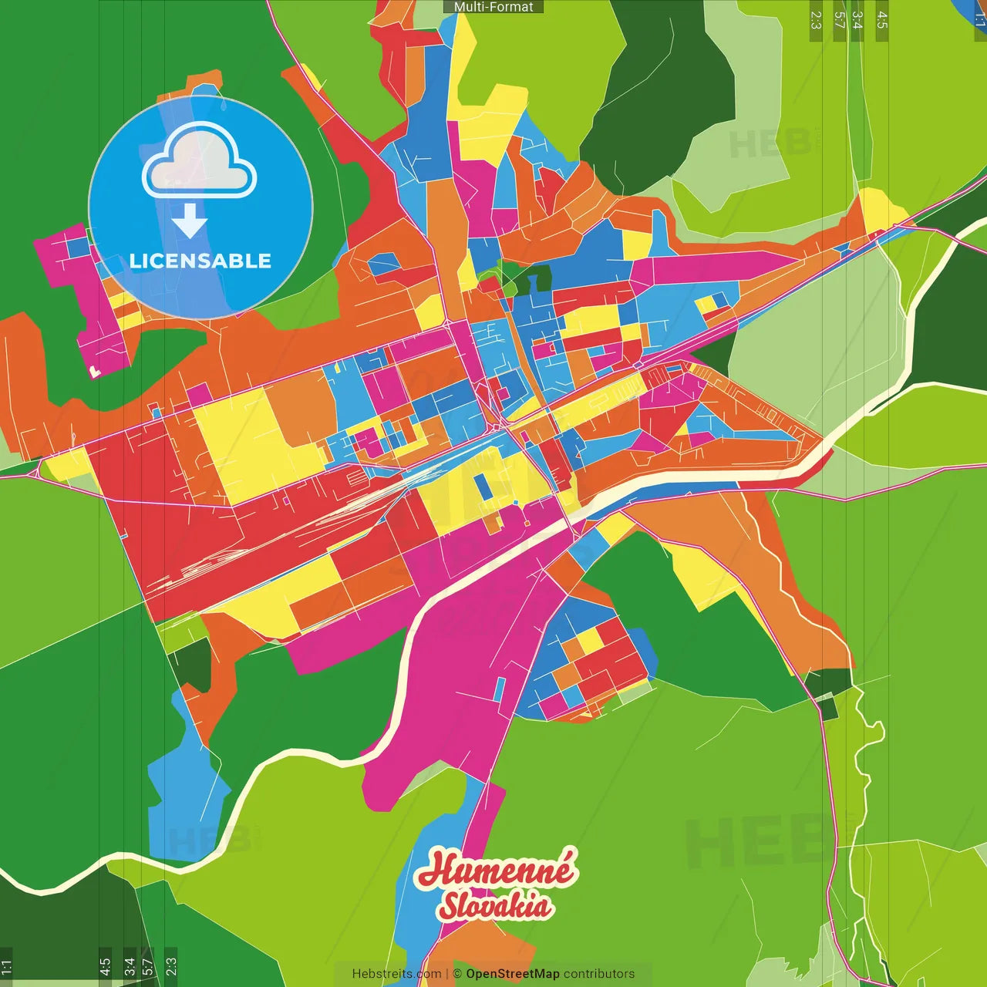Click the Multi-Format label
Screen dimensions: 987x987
click(x=493, y=7)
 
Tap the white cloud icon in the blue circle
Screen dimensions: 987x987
click(x=199, y=163)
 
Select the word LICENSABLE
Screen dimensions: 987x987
click(x=200, y=261)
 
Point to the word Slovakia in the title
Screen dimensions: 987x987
click(x=495, y=906)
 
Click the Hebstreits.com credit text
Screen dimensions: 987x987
click(x=396, y=974)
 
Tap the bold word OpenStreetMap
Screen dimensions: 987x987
click(x=512, y=974)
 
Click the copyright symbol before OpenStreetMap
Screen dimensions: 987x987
click(x=456, y=974)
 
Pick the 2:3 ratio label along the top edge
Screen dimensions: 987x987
click(x=816, y=20)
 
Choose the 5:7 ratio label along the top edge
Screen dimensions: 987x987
click(x=839, y=20)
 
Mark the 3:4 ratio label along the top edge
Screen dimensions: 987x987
click(x=857, y=20)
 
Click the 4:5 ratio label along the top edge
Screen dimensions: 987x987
click(x=882, y=20)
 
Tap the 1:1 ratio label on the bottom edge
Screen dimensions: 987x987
click(x=6, y=966)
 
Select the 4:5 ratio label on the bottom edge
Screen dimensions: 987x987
click(x=105, y=966)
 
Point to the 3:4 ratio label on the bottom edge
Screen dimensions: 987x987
click(x=129, y=966)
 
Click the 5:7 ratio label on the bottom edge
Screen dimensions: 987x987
click(x=147, y=966)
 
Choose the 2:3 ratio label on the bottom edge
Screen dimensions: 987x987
click(x=171, y=966)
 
